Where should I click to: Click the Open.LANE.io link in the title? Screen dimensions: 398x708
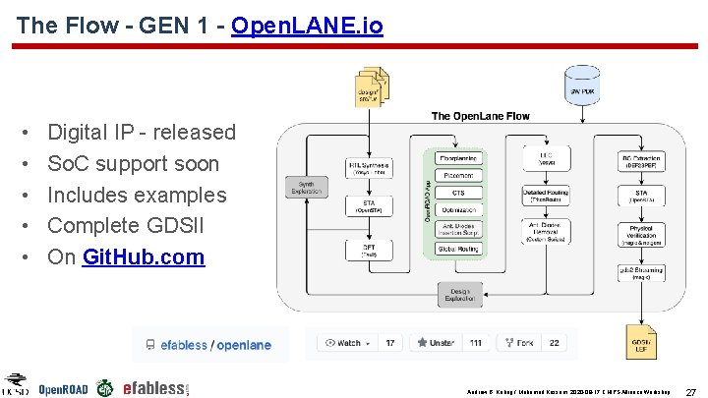307,26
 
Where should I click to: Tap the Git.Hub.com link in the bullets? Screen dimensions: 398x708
144,257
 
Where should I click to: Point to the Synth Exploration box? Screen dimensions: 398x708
306,186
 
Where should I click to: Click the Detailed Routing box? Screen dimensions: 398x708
551,194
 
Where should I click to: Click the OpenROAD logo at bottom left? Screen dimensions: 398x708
62,388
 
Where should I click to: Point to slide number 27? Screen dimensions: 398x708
690,390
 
